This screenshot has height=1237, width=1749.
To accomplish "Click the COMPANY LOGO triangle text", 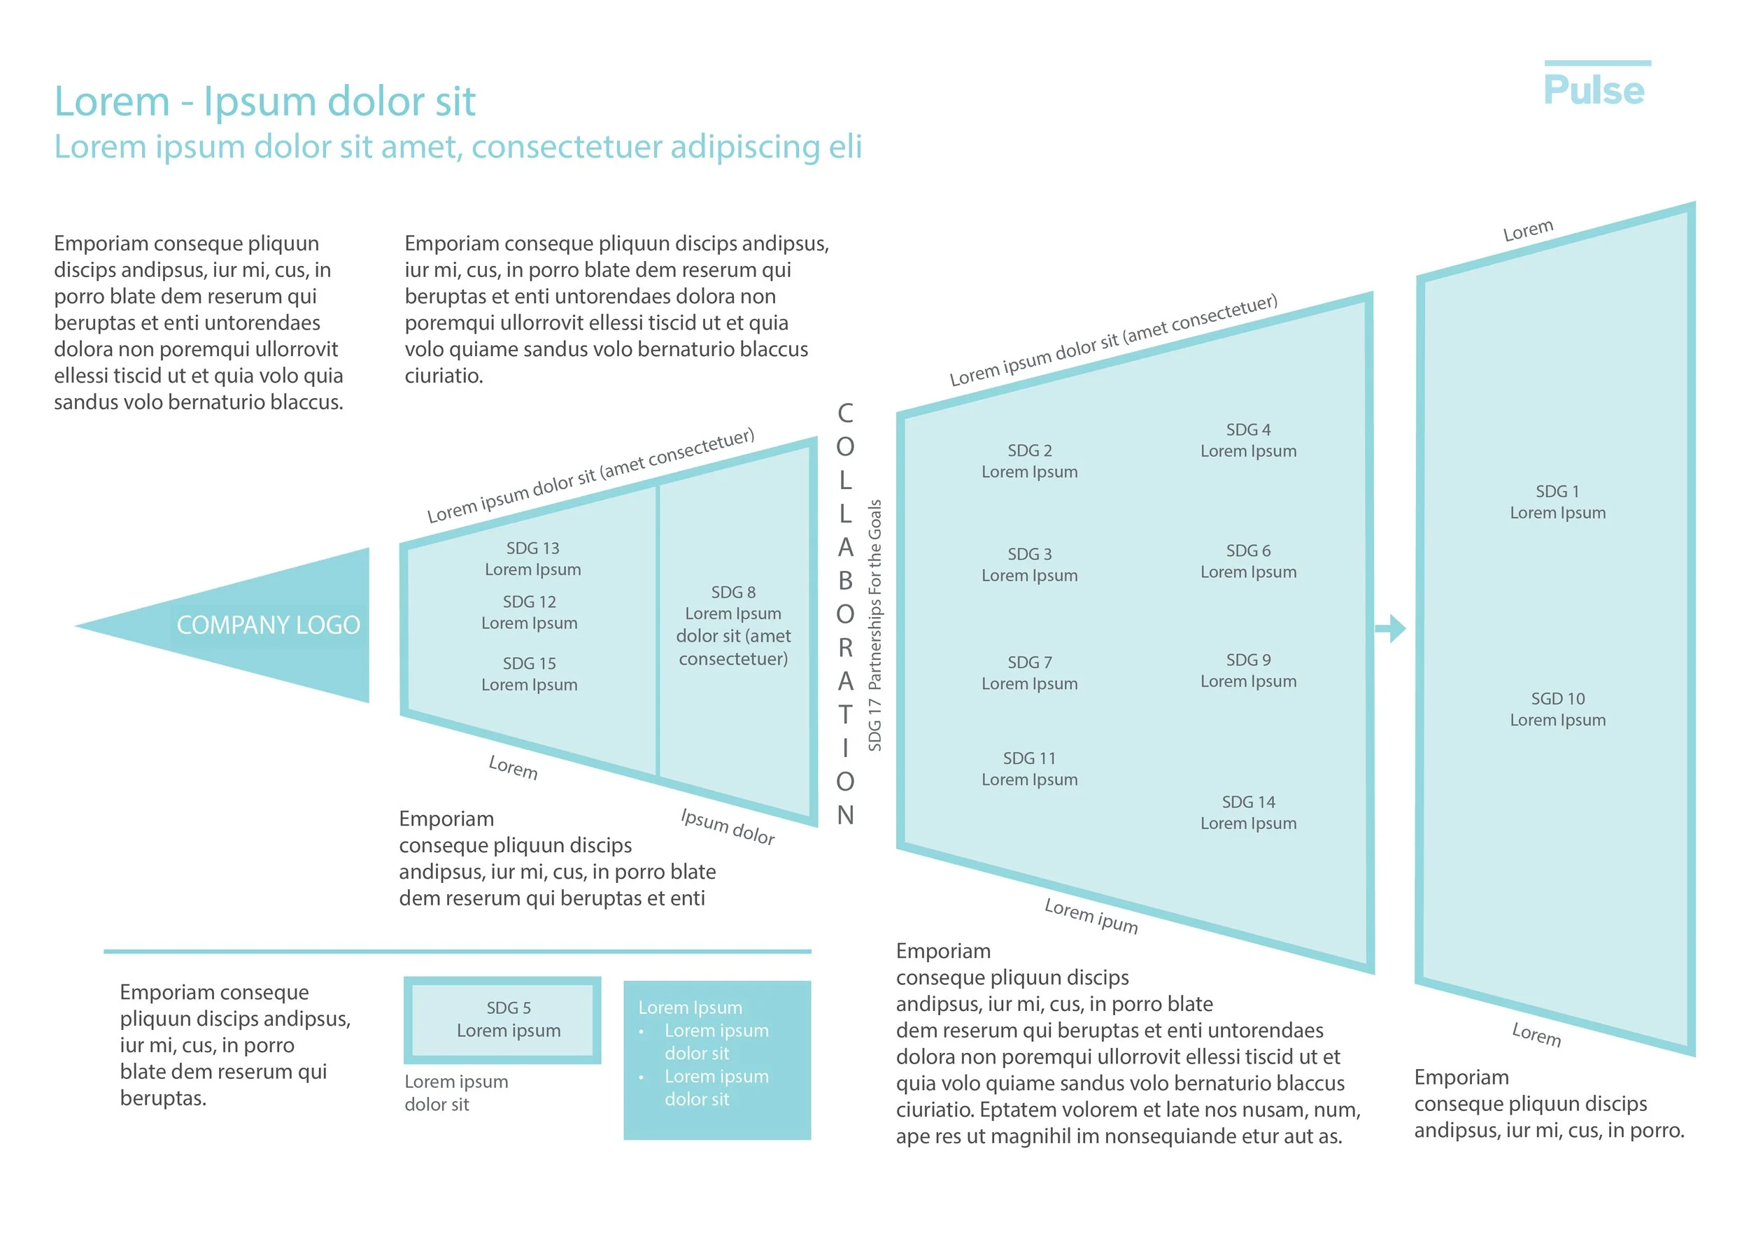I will coord(268,625).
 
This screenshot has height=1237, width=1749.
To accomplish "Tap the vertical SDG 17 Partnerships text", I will coord(874,625).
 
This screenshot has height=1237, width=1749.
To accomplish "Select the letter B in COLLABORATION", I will coord(845,581).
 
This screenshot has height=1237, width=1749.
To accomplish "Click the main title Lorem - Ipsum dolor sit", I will coord(264,101).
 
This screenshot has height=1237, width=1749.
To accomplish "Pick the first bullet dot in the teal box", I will coord(642,1031).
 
